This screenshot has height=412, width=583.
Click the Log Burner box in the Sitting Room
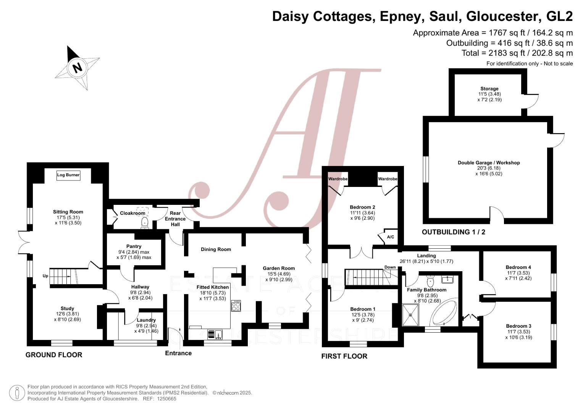[x=68, y=175]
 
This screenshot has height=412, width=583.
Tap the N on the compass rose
[x=78, y=68]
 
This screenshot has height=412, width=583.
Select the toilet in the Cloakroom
[x=145, y=223]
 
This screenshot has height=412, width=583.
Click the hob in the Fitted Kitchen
[x=236, y=306]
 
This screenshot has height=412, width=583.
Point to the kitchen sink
[x=215, y=334]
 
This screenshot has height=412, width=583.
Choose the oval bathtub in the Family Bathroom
[x=444, y=314]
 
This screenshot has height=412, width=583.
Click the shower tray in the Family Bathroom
[x=410, y=315]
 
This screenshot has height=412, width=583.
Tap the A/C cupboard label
[x=391, y=237]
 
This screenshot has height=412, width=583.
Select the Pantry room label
[x=134, y=246]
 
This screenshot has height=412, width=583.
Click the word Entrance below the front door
[x=178, y=353]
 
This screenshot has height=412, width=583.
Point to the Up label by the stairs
[x=45, y=276]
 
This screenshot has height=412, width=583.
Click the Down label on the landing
[x=390, y=267]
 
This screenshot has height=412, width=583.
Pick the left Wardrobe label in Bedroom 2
[x=338, y=179]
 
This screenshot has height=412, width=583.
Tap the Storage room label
[x=489, y=89]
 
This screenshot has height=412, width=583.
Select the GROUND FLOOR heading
[x=54, y=355]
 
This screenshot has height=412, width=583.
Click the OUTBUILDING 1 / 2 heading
[x=454, y=232]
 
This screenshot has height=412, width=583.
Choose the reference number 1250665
[x=166, y=399]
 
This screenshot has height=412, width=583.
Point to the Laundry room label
[x=146, y=320]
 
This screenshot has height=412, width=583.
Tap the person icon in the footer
[x=17, y=393]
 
